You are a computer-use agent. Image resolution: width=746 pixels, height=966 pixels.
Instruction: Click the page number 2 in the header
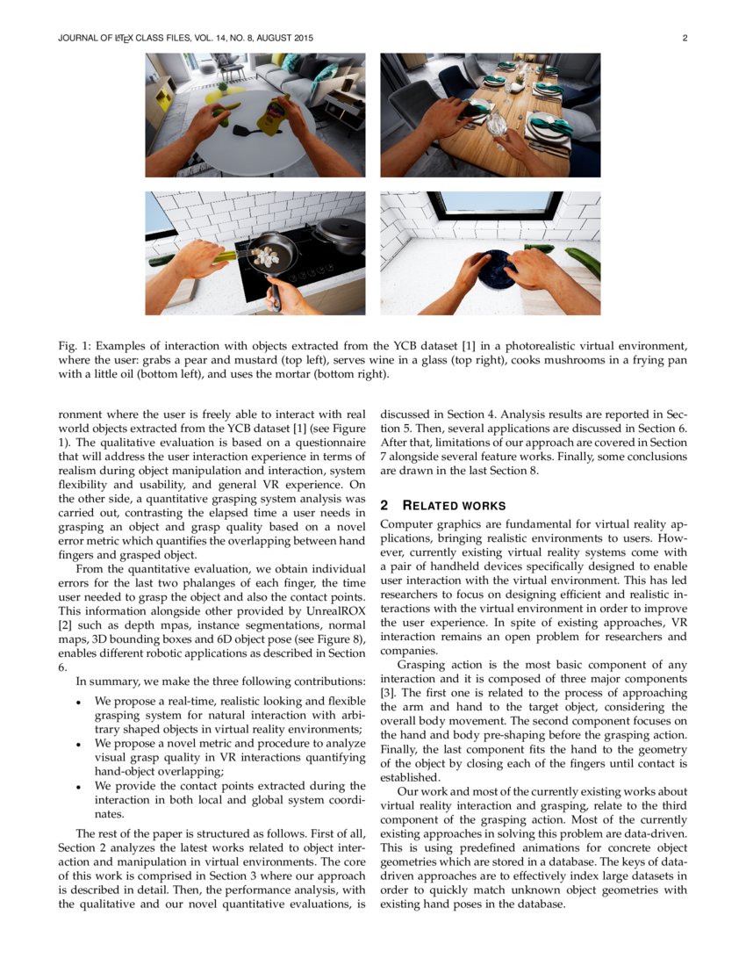(684, 39)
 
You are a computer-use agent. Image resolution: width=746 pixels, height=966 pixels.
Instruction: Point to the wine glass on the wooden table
(497, 124)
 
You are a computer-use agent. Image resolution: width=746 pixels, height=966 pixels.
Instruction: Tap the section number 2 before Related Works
(384, 506)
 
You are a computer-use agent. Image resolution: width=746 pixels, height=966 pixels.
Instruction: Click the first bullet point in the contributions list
(79, 702)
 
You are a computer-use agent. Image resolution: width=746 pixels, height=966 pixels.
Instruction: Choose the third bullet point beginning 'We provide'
(79, 786)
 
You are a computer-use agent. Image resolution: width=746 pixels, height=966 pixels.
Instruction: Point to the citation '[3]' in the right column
(388, 693)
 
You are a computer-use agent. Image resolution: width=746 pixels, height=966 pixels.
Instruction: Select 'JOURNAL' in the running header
(78, 39)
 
